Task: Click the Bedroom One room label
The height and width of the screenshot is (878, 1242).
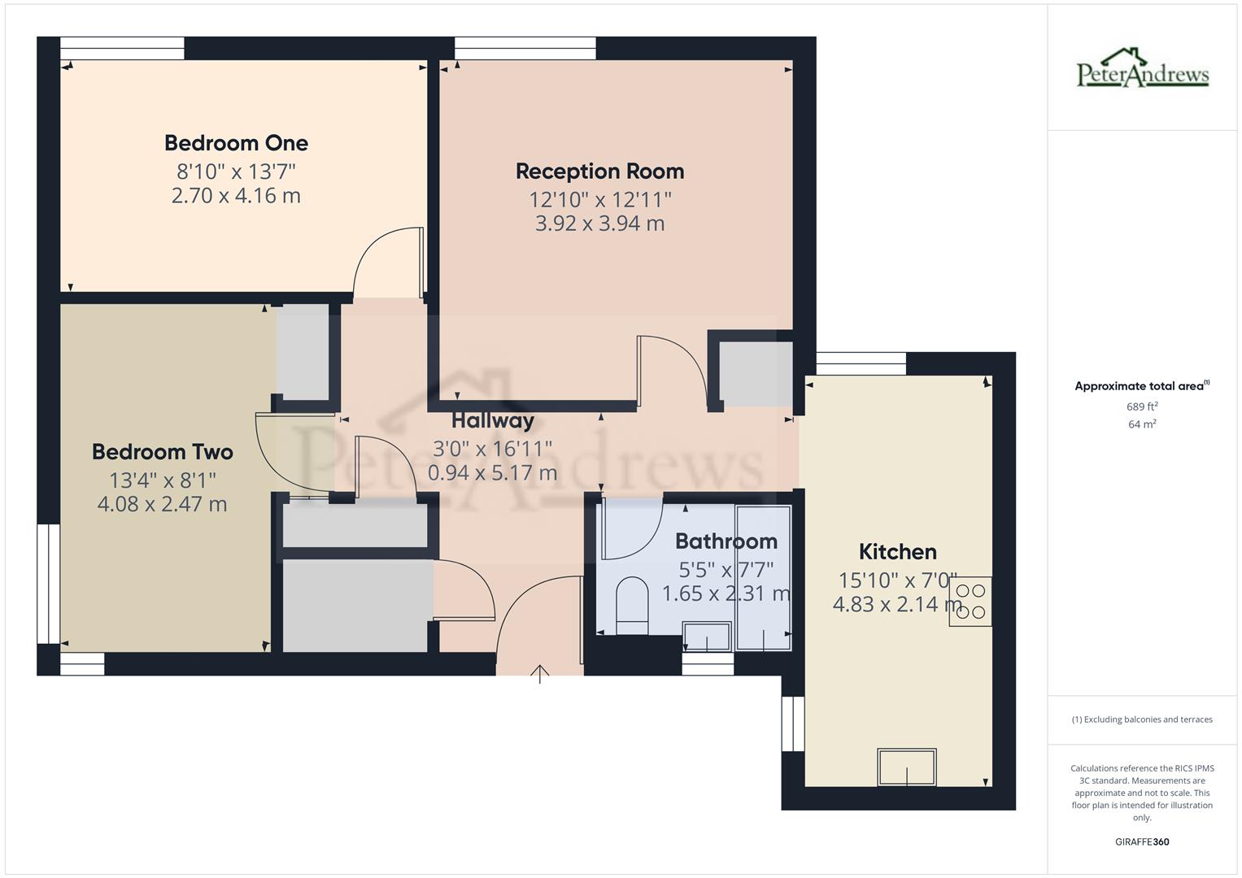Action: point(236,143)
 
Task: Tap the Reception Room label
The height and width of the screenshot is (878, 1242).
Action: point(599,172)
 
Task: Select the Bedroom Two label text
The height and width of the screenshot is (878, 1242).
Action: point(162,452)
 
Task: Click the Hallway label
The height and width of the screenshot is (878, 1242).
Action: point(492,420)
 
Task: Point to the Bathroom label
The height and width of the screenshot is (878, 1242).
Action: point(726,541)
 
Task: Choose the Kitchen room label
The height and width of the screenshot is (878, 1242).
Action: point(897,552)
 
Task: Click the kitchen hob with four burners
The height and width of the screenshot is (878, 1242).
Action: point(970,602)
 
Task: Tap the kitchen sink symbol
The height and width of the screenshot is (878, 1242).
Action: point(906,767)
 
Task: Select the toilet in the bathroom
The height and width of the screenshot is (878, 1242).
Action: point(631,604)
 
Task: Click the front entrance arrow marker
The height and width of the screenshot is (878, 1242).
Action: point(539,673)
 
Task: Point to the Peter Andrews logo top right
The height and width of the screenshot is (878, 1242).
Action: point(1142,68)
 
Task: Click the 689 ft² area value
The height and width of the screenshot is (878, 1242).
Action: point(1142,406)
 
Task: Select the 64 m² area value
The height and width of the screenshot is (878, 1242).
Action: point(1142,424)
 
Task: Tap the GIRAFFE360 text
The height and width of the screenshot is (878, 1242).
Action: point(1142,842)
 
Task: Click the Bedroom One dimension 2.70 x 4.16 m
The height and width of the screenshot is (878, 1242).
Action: point(236,196)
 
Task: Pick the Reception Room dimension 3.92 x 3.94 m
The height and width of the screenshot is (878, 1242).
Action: point(599,224)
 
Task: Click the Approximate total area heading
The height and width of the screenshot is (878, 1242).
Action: point(1141,386)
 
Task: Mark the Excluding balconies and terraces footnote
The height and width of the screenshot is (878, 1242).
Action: point(1142,719)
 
